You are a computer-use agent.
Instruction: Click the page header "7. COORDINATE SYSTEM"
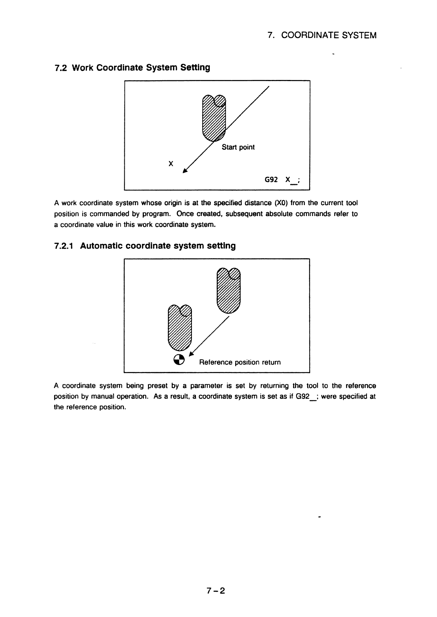click(x=322, y=35)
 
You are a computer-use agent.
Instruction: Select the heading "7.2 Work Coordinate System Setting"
click(x=132, y=68)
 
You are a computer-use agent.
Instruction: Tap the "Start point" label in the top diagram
click(x=238, y=147)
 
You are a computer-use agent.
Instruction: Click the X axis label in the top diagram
click(x=171, y=164)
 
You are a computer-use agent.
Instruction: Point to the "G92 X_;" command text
click(x=282, y=180)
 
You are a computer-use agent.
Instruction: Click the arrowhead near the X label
click(x=185, y=170)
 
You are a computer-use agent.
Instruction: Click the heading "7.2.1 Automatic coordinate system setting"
click(x=145, y=246)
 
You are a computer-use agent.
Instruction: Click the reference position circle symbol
click(x=178, y=360)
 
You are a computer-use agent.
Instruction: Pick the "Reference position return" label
click(x=240, y=362)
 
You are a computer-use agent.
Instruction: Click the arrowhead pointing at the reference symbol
click(x=191, y=354)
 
